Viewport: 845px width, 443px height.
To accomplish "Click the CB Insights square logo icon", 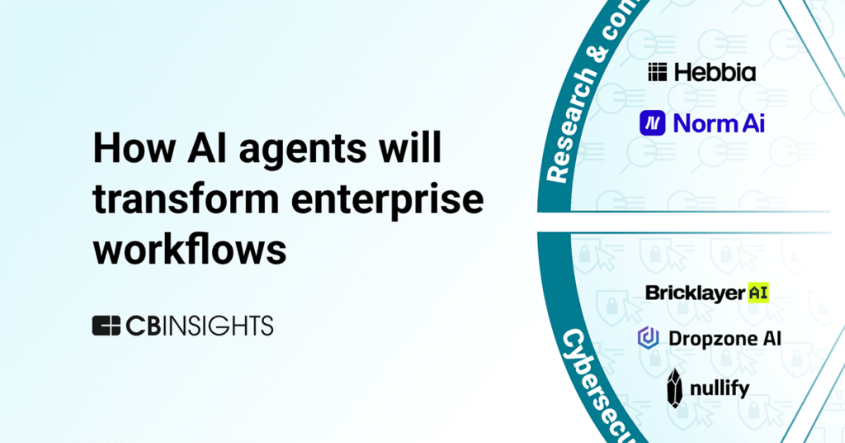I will [106, 326].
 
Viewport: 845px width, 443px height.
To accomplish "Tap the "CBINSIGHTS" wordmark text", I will [199, 326].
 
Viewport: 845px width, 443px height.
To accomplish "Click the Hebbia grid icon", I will [658, 73].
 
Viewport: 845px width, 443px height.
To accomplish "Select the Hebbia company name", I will [715, 73].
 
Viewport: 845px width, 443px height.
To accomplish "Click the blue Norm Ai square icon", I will [652, 123].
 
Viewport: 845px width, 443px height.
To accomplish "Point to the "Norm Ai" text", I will [719, 123].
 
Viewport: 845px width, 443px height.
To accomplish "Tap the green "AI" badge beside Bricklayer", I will [758, 293].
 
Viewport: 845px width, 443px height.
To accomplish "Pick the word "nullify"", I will [720, 388].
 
